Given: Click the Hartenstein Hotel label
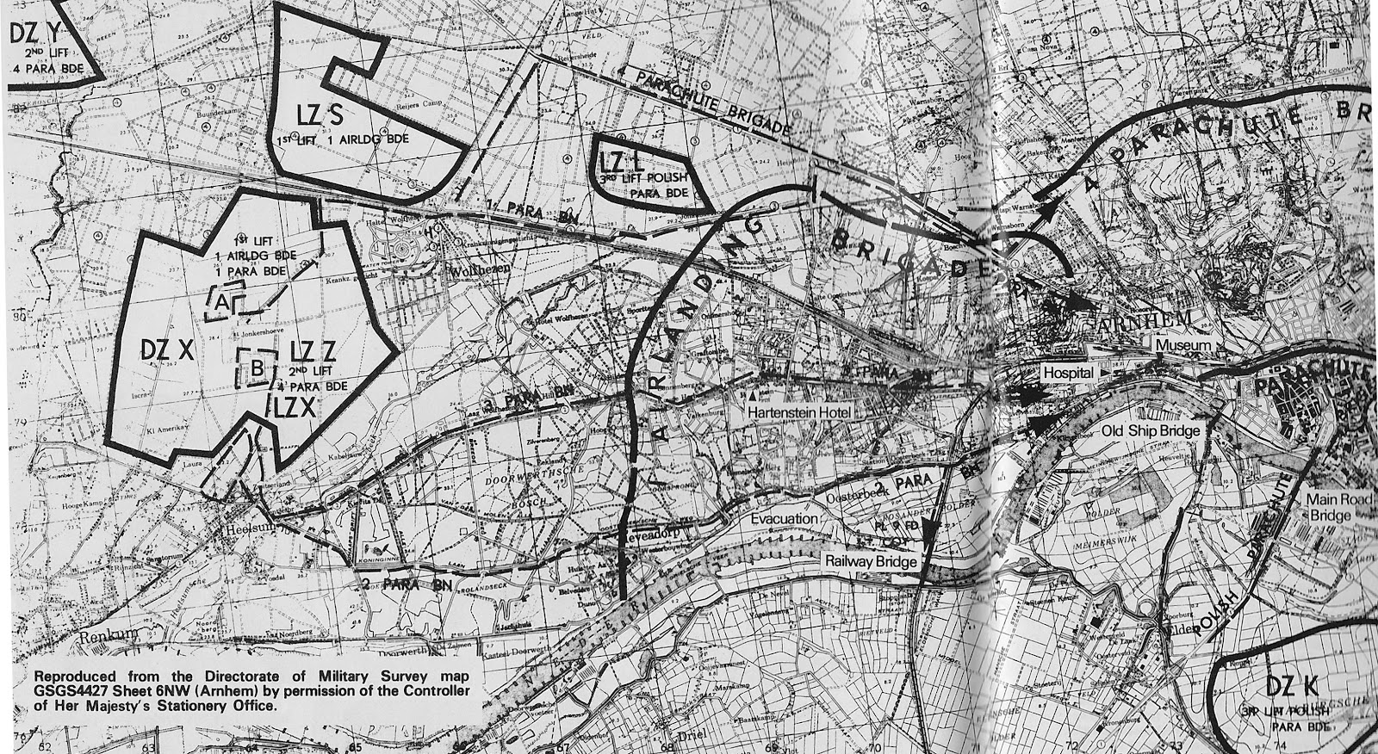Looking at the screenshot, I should [799, 413].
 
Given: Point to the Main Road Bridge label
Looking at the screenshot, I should [1330, 506].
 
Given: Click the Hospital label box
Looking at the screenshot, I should [1068, 374].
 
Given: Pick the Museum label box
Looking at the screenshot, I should [1182, 345].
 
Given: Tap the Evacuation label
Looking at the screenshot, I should [783, 520].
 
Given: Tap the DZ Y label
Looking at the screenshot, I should [36, 34].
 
